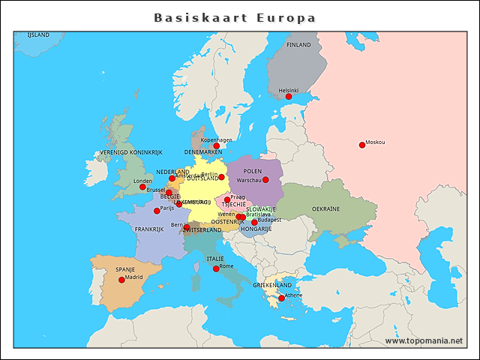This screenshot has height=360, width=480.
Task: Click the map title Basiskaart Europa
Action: pyautogui.click(x=235, y=17)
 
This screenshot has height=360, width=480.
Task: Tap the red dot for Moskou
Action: pyautogui.click(x=362, y=145)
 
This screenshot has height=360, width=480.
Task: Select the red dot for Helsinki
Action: pyautogui.click(x=289, y=96)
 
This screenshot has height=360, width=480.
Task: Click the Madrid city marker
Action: pyautogui.click(x=121, y=280)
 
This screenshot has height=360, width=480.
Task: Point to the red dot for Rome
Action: pyautogui.click(x=216, y=268)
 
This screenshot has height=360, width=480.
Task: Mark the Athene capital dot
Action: pyautogui.click(x=281, y=298)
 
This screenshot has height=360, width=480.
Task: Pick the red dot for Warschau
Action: pyautogui.click(x=265, y=180)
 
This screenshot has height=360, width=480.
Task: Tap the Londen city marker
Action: pyautogui.click(x=142, y=187)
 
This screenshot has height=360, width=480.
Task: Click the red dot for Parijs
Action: pyautogui.click(x=157, y=211)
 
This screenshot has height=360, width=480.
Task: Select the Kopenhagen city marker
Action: pyautogui.click(x=216, y=146)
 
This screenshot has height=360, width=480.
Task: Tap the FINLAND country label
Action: pyautogui.click(x=298, y=45)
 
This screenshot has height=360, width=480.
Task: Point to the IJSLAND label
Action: pyautogui.click(x=38, y=34)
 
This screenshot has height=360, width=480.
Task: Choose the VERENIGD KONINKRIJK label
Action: pyautogui.click(x=131, y=152)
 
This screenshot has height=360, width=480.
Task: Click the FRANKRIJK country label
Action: pyautogui.click(x=148, y=229)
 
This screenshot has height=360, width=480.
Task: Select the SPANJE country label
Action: pyautogui.click(x=125, y=269)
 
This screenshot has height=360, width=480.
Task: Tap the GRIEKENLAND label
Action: pyautogui.click(x=272, y=286)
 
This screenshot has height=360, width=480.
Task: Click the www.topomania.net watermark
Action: pyautogui.click(x=424, y=340)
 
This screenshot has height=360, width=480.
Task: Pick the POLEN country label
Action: pyautogui.click(x=253, y=171)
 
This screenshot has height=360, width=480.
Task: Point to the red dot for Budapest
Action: pyautogui.click(x=254, y=223)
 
